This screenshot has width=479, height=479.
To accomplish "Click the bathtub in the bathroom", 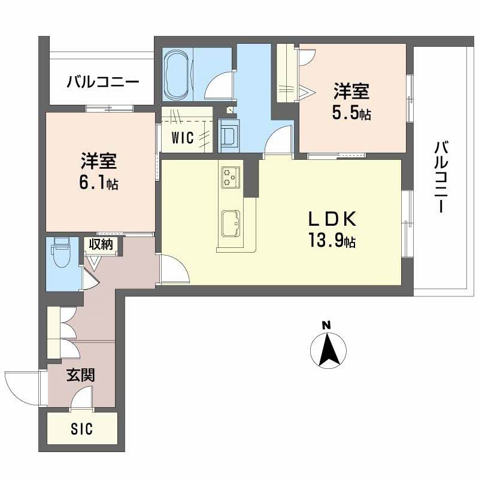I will pos(177,74).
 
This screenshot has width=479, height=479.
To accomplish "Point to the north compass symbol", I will pos(327,349).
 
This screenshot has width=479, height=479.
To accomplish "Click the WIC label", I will pos(182,138).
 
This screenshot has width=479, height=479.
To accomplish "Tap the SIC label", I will pos(82,429).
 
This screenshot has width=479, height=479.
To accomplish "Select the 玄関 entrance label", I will pos(80,375).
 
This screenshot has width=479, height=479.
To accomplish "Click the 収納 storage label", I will pos(102,244).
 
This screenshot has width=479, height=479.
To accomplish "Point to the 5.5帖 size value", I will pos(352,113).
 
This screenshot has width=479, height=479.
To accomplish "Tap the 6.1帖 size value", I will pos(99,183).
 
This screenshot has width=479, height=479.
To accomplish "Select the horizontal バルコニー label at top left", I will pos(103,81).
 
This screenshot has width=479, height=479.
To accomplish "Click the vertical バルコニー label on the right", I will pos(442,177).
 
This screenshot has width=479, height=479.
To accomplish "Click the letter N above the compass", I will pos(326,325).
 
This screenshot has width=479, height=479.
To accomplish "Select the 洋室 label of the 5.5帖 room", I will pos(351,92).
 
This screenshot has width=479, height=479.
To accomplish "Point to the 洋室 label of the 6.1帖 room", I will pos(99,162).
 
